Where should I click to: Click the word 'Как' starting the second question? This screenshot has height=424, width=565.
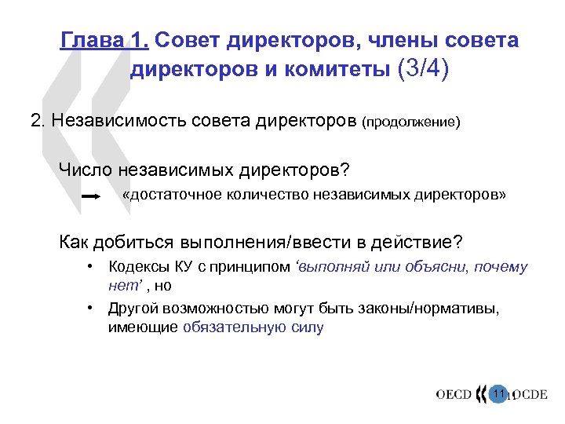(x=75, y=240)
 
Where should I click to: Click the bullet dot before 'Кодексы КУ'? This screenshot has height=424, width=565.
(x=92, y=267)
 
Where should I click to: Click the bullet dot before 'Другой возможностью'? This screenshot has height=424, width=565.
(x=92, y=309)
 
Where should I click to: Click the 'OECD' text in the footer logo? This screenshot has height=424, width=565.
(x=454, y=394)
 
